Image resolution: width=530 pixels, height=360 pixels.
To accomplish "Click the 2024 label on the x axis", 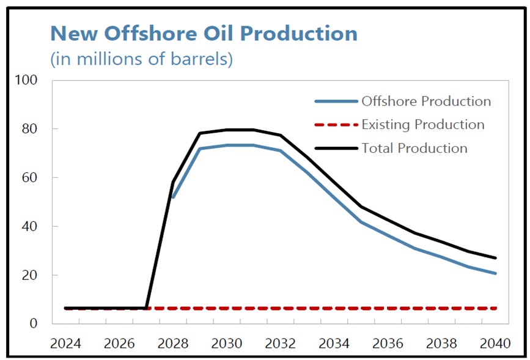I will [65, 343].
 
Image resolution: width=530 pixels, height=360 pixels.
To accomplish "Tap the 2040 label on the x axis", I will [495, 343].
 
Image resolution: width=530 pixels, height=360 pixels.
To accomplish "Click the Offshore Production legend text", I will [426, 101].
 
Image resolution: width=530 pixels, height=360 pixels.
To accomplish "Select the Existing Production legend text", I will [423, 125].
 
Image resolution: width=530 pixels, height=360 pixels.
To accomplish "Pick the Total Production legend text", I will [414, 148].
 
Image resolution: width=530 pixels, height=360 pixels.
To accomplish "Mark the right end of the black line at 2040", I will [495, 258].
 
